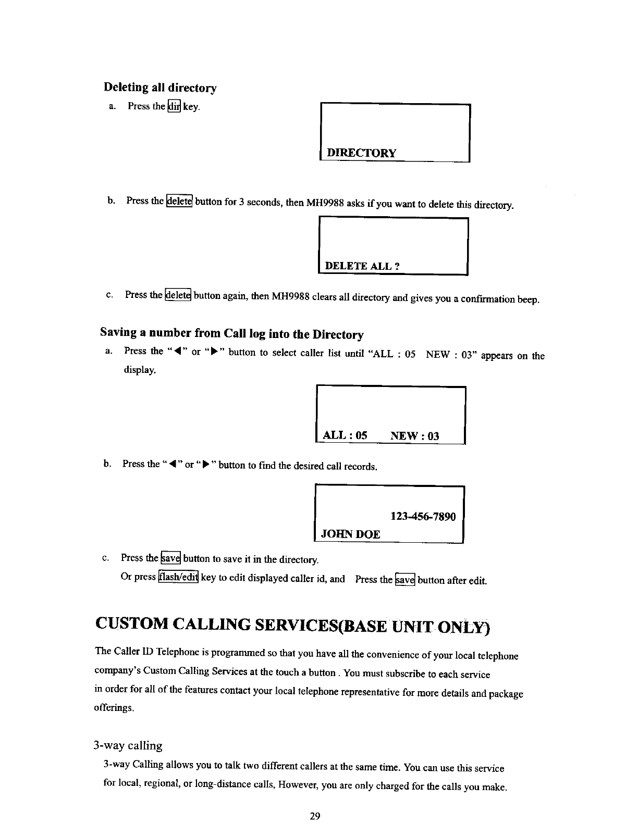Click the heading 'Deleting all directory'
[160, 87]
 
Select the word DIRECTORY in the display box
[361, 153]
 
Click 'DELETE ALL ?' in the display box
[362, 266]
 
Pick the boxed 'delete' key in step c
[178, 295]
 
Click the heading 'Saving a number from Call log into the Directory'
[231, 333]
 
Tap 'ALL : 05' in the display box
[345, 435]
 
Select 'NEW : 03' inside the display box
[415, 436]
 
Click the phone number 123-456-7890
[423, 516]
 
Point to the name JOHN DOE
[351, 534]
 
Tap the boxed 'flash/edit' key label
[178, 578]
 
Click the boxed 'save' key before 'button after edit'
[405, 579]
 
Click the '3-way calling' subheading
[128, 745]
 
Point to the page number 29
[314, 816]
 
